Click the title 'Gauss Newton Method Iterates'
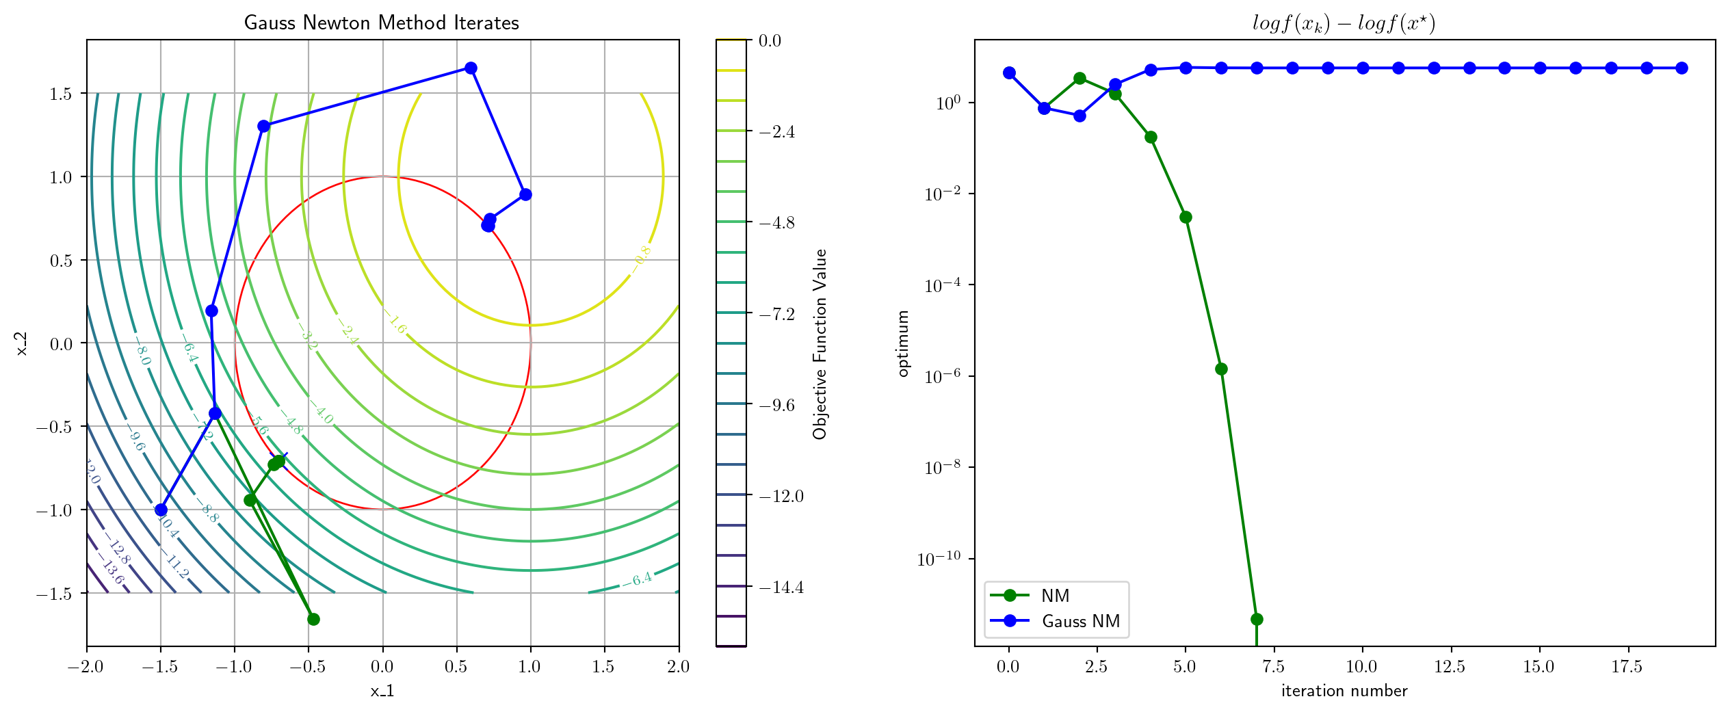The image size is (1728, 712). pos(381,23)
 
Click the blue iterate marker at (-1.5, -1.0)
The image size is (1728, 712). pos(161,510)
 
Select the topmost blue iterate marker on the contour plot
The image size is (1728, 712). pos(471,68)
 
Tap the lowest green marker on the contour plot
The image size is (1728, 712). pos(313,619)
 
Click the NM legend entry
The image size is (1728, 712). pos(1054,596)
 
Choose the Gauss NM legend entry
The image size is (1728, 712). pos(1080,621)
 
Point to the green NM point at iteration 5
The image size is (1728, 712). pos(1186,217)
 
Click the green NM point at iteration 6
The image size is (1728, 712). pos(1221,369)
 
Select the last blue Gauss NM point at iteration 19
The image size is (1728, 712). pos(1681,68)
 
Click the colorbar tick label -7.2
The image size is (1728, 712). pos(776,314)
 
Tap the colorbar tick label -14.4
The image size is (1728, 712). pos(781,587)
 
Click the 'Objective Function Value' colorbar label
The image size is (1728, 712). pos(820,343)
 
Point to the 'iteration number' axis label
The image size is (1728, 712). pos(1344,691)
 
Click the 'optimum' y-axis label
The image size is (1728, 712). pos(903,343)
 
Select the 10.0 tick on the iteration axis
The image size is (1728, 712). pos(1361,667)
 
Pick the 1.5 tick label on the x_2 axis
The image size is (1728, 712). pos(61,94)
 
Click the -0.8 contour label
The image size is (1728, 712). pos(641,259)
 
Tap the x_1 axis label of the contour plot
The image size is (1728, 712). pos(382,691)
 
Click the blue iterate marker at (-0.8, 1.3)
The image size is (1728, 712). pos(264,126)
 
